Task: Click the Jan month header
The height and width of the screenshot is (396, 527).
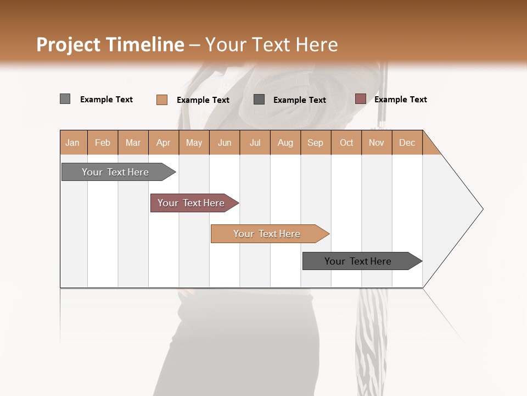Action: click(x=73, y=142)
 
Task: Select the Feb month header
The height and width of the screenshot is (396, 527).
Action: click(x=103, y=142)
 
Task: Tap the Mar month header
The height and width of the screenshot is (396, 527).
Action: click(x=133, y=142)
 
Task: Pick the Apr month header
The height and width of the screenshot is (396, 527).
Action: click(x=164, y=142)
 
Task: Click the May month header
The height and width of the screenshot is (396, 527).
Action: click(x=194, y=142)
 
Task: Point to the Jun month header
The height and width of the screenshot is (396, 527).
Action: click(x=225, y=142)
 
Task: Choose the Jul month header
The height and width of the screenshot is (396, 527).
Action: click(x=255, y=142)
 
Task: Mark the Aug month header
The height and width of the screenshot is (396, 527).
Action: click(x=285, y=142)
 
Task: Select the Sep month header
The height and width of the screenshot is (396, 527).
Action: click(x=316, y=142)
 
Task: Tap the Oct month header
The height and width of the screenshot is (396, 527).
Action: click(x=346, y=142)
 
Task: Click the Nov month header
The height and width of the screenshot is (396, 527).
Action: click(x=377, y=142)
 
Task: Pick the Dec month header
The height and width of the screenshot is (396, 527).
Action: click(x=407, y=142)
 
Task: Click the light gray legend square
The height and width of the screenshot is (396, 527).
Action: click(x=65, y=99)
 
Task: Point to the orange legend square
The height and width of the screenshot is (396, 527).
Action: click(x=161, y=100)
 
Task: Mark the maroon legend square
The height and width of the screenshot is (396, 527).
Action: click(x=360, y=99)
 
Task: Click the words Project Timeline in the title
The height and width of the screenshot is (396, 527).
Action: click(x=110, y=45)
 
